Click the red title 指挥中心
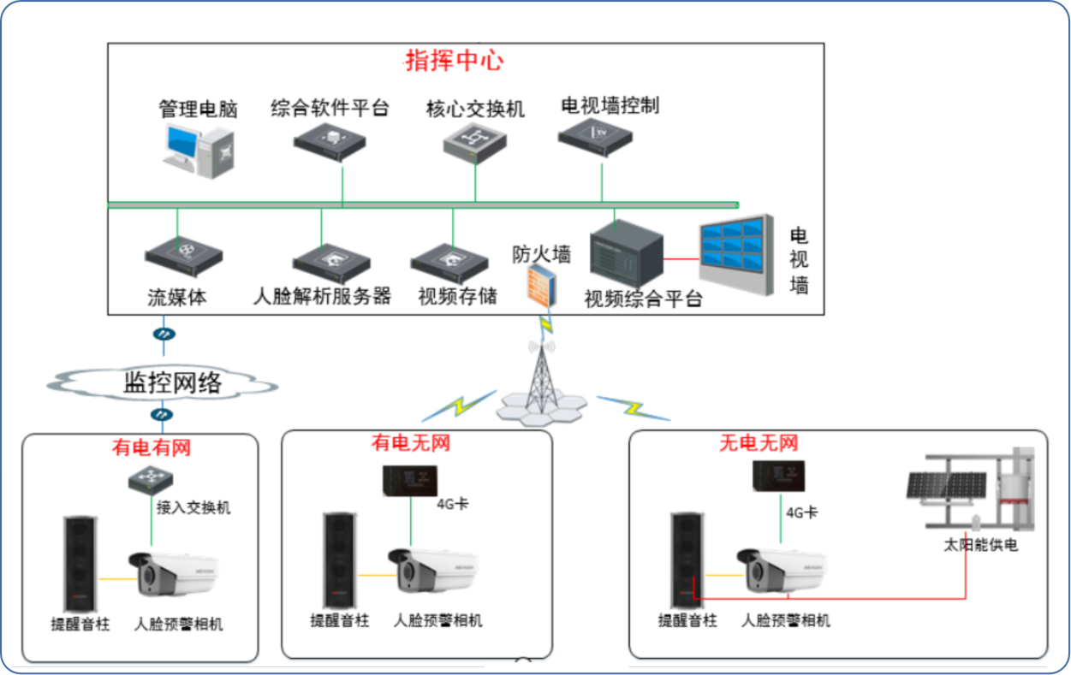pyautogui.click(x=454, y=62)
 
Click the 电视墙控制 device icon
pyautogui.click(x=595, y=137)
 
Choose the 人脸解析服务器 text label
pyautogui.click(x=323, y=297)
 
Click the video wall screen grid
pyautogui.click(x=733, y=247)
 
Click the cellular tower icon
pyautogui.click(x=540, y=376)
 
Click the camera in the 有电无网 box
pyautogui.click(x=432, y=571)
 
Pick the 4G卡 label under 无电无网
pyautogui.click(x=800, y=512)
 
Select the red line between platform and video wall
pyautogui.click(x=681, y=258)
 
